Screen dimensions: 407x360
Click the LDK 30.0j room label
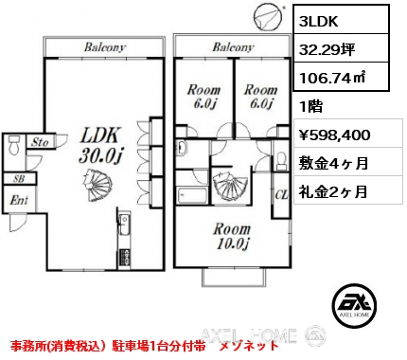(100, 146)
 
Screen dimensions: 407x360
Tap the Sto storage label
(40, 142)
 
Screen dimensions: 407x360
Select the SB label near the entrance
(19, 179)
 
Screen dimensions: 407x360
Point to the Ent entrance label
(19, 200)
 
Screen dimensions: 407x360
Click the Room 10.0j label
(232, 236)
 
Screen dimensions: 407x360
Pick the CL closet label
(281, 195)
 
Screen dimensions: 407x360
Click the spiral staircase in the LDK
(97, 185)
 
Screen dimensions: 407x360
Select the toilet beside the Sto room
(14, 145)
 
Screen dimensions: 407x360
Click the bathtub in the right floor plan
(192, 196)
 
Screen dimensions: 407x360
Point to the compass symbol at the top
(268, 17)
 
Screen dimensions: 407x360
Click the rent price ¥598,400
(334, 135)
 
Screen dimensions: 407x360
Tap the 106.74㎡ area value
(332, 78)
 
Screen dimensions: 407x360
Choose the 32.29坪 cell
(327, 49)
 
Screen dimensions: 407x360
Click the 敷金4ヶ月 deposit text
(333, 163)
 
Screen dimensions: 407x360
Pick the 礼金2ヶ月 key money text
(333, 191)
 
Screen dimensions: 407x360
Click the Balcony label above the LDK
(105, 47)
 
